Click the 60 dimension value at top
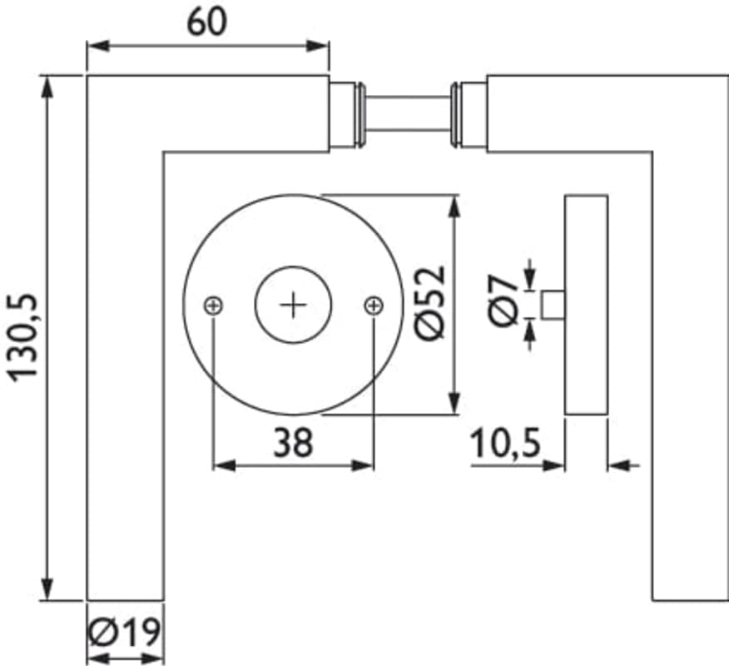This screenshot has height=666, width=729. click(x=206, y=22)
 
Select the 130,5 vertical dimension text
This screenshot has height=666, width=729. click(x=25, y=338)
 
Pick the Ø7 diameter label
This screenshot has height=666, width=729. click(x=504, y=302)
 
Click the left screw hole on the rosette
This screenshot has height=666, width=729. click(x=214, y=306)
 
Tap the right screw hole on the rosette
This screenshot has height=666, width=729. click(x=374, y=306)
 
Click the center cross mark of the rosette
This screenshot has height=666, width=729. click(x=294, y=306)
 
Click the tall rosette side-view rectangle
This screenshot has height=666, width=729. click(x=586, y=305)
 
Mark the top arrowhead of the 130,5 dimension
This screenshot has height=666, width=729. click(x=47, y=84)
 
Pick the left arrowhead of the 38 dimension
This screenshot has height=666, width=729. click(x=222, y=465)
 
